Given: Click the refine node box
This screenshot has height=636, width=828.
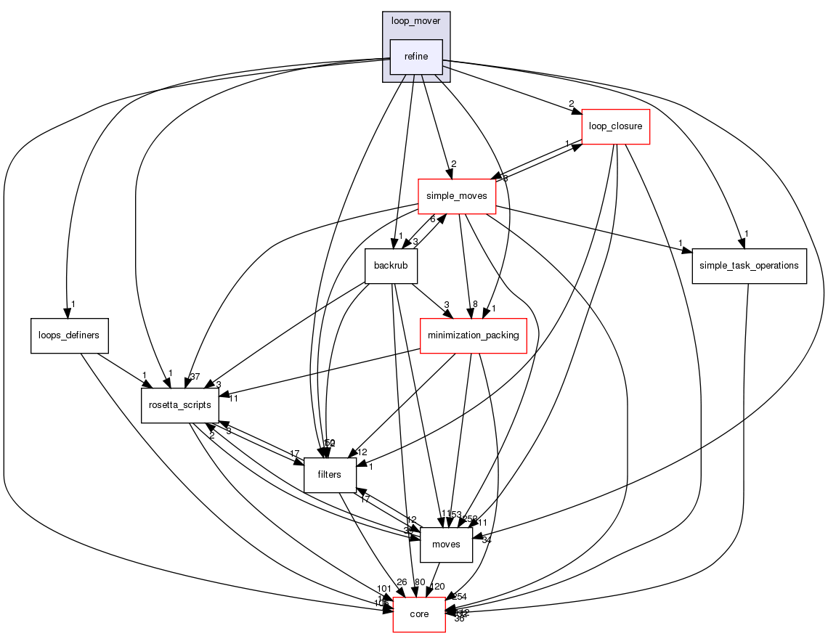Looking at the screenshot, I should pyautogui.click(x=416, y=57).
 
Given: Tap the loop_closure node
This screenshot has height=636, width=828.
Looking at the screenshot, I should pyautogui.click(x=615, y=126).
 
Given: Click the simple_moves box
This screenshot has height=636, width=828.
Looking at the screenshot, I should pyautogui.click(x=457, y=196).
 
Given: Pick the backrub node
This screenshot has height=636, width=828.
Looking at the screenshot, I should pyautogui.click(x=391, y=265).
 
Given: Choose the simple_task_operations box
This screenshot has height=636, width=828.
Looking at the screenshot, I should pyautogui.click(x=749, y=265).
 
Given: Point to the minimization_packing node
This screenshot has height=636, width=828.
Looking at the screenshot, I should pyautogui.click(x=474, y=335).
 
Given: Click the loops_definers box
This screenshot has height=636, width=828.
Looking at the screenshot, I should pyautogui.click(x=69, y=335).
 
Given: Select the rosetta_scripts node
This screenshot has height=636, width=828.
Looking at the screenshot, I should pyautogui.click(x=179, y=404).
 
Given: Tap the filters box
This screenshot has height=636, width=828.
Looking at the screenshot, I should pyautogui.click(x=330, y=475).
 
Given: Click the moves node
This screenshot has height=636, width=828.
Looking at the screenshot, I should pyautogui.click(x=446, y=545).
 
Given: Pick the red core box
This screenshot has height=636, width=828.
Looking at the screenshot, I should pyautogui.click(x=419, y=614).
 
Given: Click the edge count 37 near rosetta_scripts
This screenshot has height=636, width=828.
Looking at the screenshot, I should pyautogui.click(x=194, y=376).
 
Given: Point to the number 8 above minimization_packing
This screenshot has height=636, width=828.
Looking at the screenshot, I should pyautogui.click(x=475, y=303).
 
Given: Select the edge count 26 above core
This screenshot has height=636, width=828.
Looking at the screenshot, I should pyautogui.click(x=402, y=582).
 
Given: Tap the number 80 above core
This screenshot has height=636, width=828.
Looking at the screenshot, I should pyautogui.click(x=419, y=582).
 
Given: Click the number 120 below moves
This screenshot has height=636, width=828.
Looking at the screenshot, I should pyautogui.click(x=437, y=586).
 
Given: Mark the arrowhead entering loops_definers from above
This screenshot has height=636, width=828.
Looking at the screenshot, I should pyautogui.click(x=67, y=314).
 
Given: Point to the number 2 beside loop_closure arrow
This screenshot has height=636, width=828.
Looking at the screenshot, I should pyautogui.click(x=571, y=103).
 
